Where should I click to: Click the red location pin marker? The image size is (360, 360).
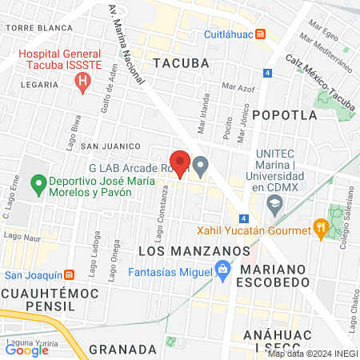[180, 163]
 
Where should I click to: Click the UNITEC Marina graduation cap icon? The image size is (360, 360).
[275, 206]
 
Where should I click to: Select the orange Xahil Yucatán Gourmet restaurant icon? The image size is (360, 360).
[321, 230]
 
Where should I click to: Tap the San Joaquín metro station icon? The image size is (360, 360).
[70, 274]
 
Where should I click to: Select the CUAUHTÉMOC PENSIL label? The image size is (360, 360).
[44, 300]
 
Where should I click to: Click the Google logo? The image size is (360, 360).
[26, 350]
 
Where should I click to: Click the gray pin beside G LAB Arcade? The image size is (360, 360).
[201, 166]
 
